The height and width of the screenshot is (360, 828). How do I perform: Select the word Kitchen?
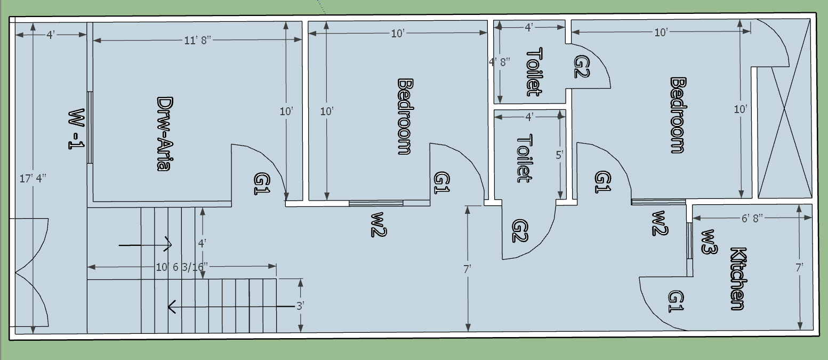click(x=737, y=278)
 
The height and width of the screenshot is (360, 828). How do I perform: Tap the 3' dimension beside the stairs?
click(x=301, y=306)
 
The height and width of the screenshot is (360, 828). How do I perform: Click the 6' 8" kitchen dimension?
click(x=752, y=218)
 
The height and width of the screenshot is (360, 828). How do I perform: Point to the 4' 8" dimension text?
click(x=500, y=61)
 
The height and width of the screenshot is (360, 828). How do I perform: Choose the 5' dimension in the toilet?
click(x=559, y=156)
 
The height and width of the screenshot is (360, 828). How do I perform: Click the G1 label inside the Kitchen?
click(x=676, y=302)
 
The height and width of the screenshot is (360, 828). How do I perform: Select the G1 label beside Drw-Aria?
click(x=262, y=183)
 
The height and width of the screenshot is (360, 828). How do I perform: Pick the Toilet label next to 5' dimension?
click(x=525, y=158)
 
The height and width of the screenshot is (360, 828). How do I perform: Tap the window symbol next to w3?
click(x=689, y=241)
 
